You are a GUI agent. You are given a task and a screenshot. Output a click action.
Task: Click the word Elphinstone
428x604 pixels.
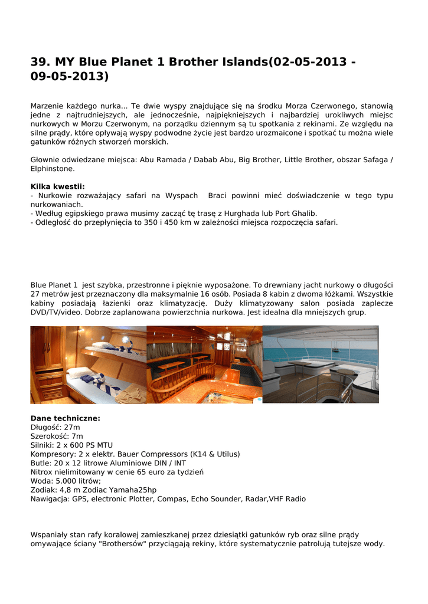[53, 169]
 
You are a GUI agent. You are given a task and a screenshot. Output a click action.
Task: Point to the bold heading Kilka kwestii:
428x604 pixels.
[57, 186]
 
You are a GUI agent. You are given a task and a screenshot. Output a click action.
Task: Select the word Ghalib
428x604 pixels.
[304, 214]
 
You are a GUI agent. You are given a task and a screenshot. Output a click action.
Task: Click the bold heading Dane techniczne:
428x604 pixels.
[65, 418]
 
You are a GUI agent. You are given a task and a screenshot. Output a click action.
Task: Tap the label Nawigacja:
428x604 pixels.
[50, 499]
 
